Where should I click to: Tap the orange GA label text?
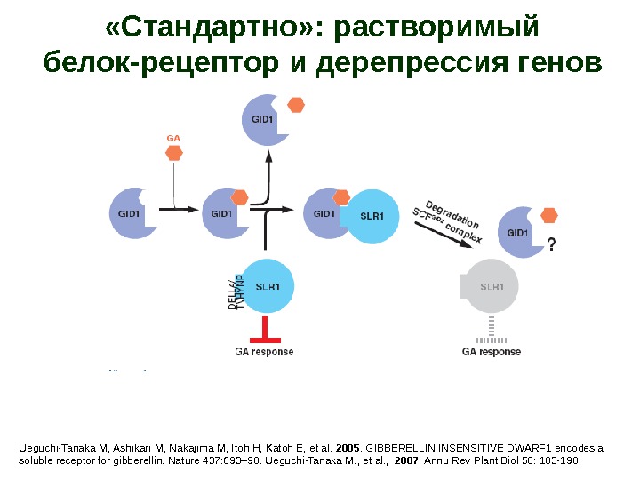click(x=173, y=138)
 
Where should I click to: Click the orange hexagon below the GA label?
click(x=174, y=153)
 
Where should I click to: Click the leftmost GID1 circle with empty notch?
click(x=132, y=213)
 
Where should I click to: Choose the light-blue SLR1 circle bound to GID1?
click(x=372, y=216)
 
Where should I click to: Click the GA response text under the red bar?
click(x=264, y=351)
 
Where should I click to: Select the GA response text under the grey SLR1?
click(x=492, y=351)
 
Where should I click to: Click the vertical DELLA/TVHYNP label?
click(x=236, y=292)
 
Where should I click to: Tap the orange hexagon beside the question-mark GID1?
click(x=549, y=214)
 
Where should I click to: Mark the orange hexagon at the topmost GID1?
click(x=296, y=105)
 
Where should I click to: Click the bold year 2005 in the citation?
click(x=348, y=448)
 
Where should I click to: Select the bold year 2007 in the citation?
click(x=405, y=461)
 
